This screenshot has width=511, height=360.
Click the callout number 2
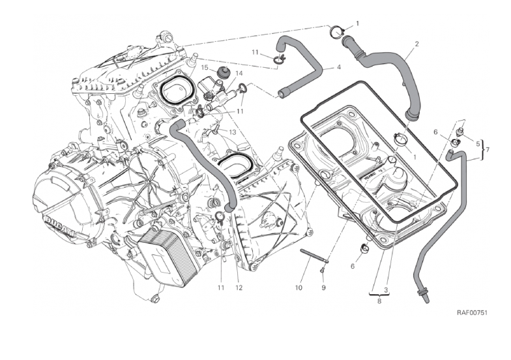(416, 44)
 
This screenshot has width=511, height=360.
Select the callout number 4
(339, 67)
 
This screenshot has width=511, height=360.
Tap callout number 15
(204, 67)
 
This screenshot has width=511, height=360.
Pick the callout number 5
(478, 143)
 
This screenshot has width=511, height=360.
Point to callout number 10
(299, 288)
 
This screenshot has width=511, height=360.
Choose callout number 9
(323, 288)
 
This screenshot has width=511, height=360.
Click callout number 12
(239, 288)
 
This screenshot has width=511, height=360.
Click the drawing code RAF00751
(473, 312)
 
